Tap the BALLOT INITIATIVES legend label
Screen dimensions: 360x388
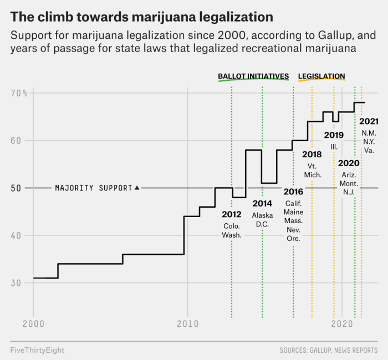253,76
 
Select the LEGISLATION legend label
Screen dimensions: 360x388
321,76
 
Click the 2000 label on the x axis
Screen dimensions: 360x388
33,322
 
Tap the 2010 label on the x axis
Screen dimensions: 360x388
187,322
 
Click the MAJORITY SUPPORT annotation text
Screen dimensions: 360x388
94,188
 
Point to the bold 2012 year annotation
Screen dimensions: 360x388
232,214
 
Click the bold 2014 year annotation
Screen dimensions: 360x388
262,203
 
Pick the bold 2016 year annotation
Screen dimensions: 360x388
293,192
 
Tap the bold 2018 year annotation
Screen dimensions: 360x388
312,155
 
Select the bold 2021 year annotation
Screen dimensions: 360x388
369,121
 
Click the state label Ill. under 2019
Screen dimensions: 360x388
334,146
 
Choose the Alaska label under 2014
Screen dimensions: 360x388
262,215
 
